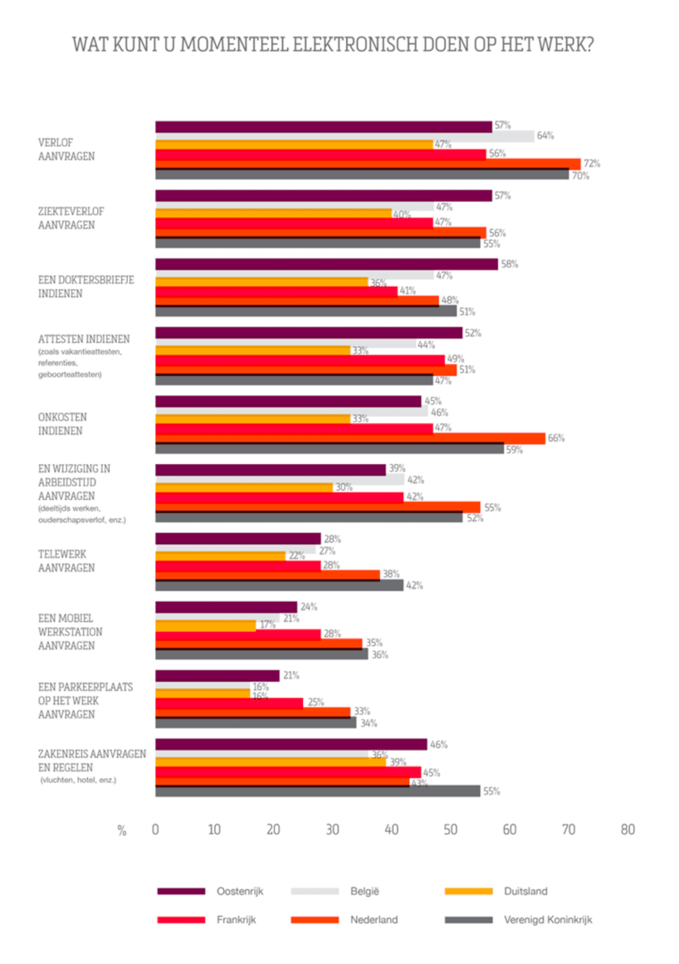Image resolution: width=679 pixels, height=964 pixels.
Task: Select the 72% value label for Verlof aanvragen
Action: click(592, 164)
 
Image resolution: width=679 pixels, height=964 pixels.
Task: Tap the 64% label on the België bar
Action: click(545, 135)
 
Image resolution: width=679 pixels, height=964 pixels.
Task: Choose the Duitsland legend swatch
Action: click(469, 891)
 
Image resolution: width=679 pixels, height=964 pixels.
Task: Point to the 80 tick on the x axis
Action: click(628, 829)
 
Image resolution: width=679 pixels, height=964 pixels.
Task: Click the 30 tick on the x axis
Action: click(332, 829)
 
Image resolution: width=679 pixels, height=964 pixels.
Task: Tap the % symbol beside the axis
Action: click(122, 830)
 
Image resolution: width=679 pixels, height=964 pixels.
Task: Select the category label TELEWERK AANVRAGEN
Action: click(66, 561)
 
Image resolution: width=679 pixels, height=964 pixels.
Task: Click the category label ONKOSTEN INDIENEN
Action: click(62, 424)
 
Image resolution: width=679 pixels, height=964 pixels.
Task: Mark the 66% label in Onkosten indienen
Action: click(556, 438)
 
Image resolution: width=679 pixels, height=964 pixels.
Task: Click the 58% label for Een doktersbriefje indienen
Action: click(509, 264)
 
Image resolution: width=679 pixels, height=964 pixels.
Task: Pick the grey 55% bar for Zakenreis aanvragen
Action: click(317, 791)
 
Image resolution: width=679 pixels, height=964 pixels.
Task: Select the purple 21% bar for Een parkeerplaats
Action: click(217, 675)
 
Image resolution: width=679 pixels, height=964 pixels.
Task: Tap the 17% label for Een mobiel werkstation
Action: click(267, 624)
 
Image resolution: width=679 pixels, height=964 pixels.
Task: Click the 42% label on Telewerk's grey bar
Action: click(414, 585)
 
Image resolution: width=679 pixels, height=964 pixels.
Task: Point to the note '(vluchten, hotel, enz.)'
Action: click(78, 780)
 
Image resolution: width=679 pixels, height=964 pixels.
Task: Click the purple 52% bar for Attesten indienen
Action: click(308, 333)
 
